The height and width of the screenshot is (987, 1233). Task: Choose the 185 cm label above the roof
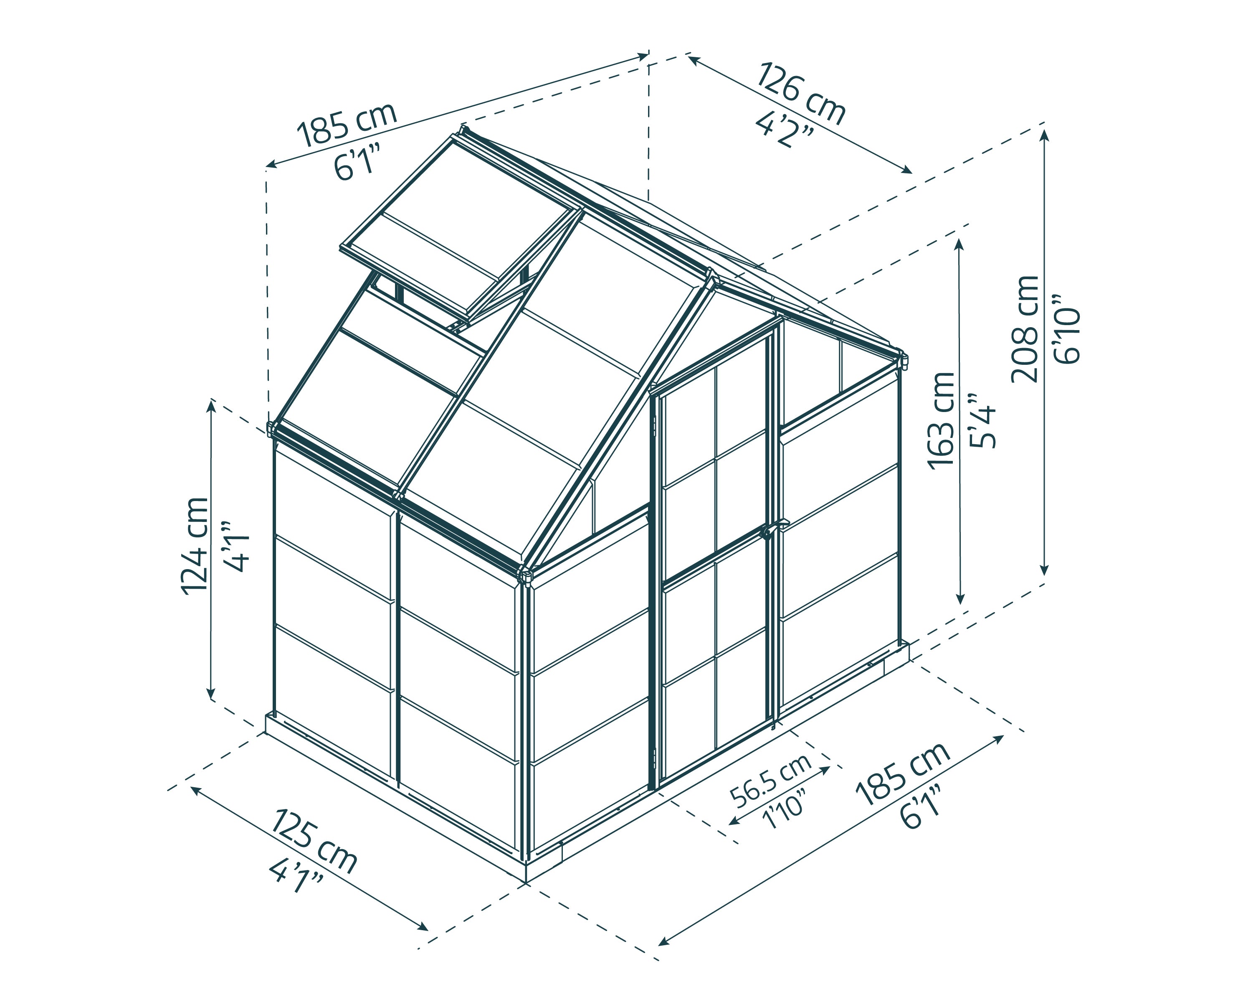click(347, 125)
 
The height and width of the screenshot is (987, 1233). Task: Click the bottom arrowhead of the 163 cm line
click(960, 598)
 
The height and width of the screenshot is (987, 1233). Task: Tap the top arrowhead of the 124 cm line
click(211, 406)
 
